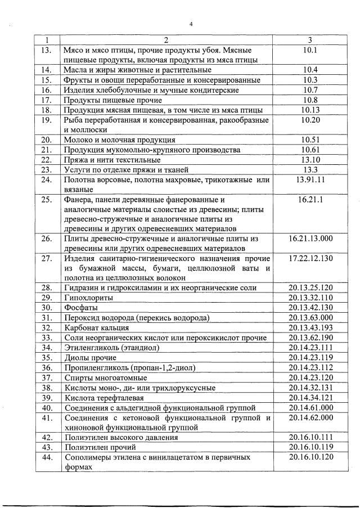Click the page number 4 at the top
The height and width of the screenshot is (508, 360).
pos(191,24)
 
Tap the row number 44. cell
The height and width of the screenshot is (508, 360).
pos(47,457)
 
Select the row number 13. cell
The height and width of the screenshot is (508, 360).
pos(47,50)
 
